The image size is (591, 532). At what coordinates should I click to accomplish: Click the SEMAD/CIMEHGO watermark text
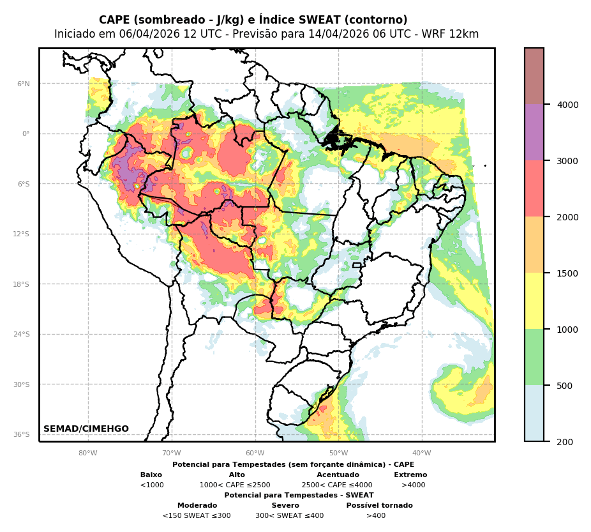click(x=86, y=429)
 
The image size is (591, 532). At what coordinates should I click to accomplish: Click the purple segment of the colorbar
click(x=534, y=132)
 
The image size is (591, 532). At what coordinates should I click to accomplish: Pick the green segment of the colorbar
click(x=534, y=357)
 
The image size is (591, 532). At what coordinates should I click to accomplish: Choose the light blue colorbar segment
click(x=534, y=413)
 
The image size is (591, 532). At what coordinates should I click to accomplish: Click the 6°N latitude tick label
click(x=23, y=84)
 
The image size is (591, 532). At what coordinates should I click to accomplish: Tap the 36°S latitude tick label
click(x=22, y=434)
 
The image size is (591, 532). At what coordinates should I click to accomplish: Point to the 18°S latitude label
click(x=22, y=284)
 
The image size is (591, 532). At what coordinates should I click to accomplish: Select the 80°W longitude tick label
click(x=88, y=453)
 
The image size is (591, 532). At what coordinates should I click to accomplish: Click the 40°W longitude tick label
click(x=421, y=453)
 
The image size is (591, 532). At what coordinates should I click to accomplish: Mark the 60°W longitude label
click(x=255, y=453)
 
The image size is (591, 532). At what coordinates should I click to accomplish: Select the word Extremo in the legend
click(x=410, y=475)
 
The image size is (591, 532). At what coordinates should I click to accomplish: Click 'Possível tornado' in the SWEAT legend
click(x=379, y=506)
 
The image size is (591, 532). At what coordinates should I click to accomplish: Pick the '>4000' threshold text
click(x=413, y=485)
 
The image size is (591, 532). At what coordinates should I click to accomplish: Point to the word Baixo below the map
click(x=151, y=475)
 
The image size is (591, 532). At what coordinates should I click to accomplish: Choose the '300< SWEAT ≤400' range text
click(x=289, y=516)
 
